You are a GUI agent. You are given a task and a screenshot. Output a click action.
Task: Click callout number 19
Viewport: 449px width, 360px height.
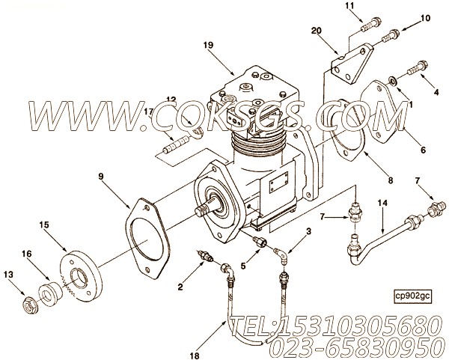(x=207, y=44)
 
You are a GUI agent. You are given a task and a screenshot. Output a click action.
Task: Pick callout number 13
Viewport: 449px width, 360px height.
(x=9, y=275)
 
